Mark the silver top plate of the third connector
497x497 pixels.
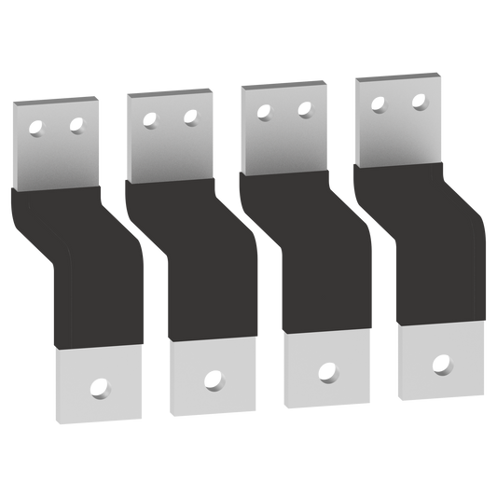tap(283, 140)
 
